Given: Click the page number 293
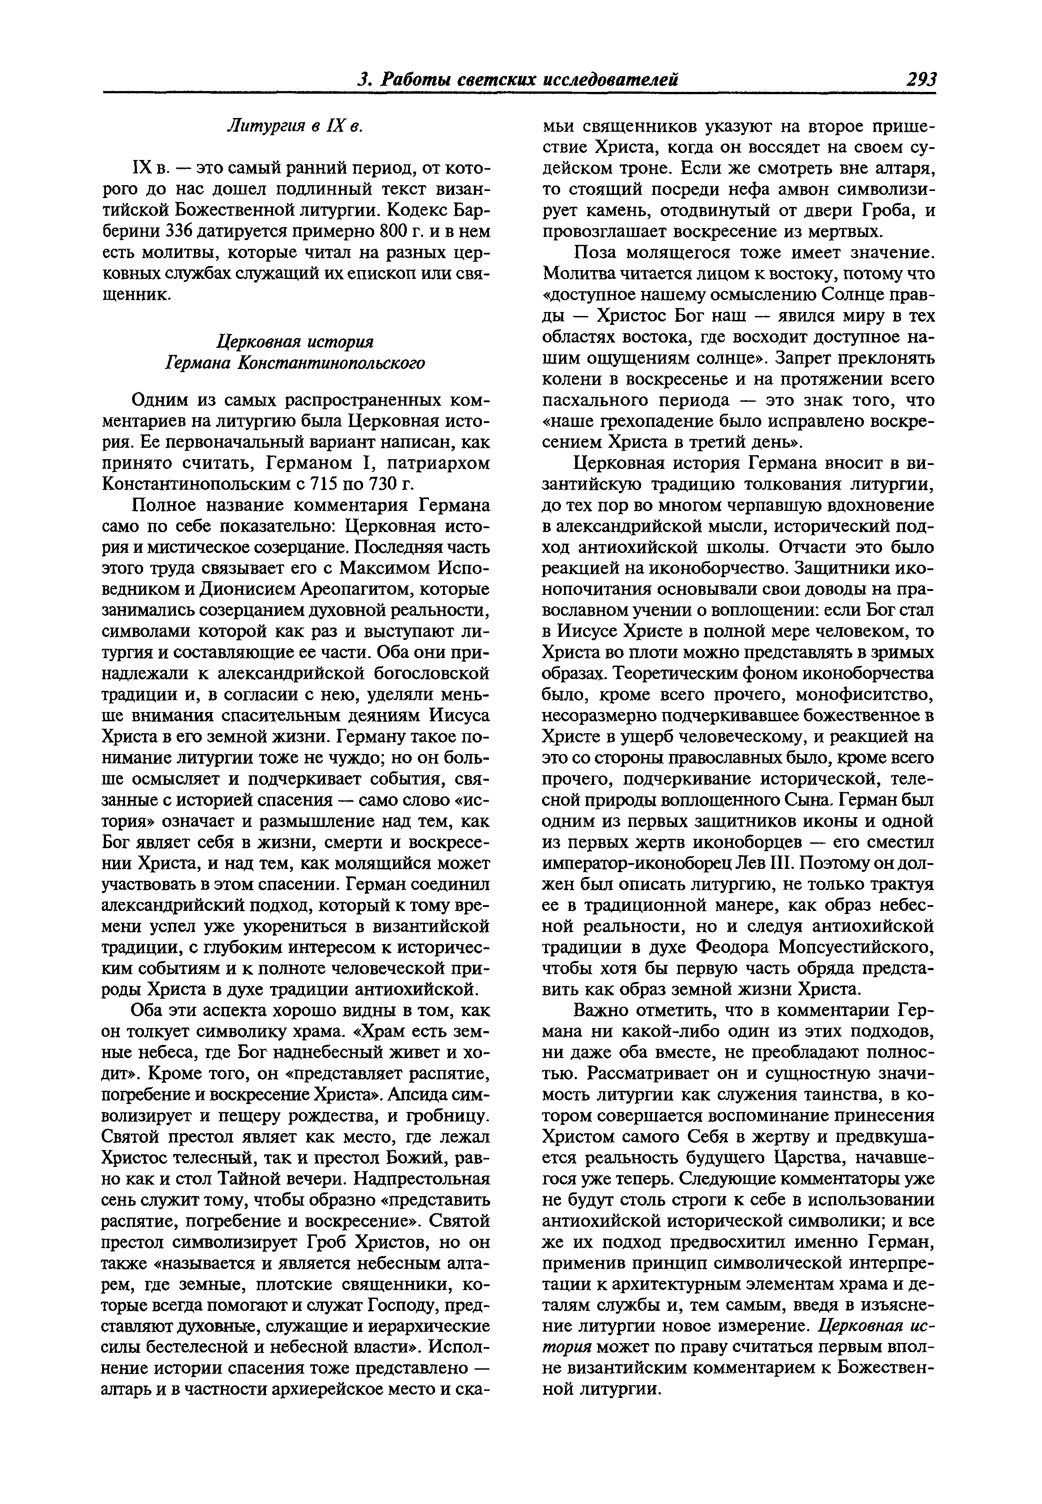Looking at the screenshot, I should (x=921, y=79).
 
